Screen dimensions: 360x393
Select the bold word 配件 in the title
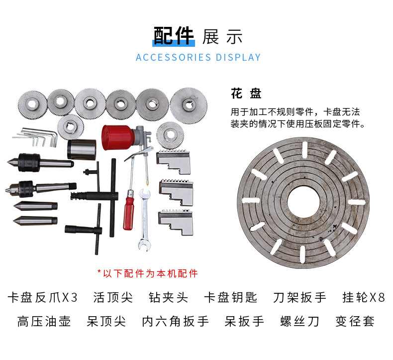[174, 36]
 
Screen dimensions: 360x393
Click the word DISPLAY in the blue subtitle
[238, 57]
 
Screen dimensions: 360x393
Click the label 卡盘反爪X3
[43, 298]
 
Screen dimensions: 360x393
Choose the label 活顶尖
[113, 298]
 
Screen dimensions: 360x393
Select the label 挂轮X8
[364, 298]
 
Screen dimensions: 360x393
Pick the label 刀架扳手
[299, 298]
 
